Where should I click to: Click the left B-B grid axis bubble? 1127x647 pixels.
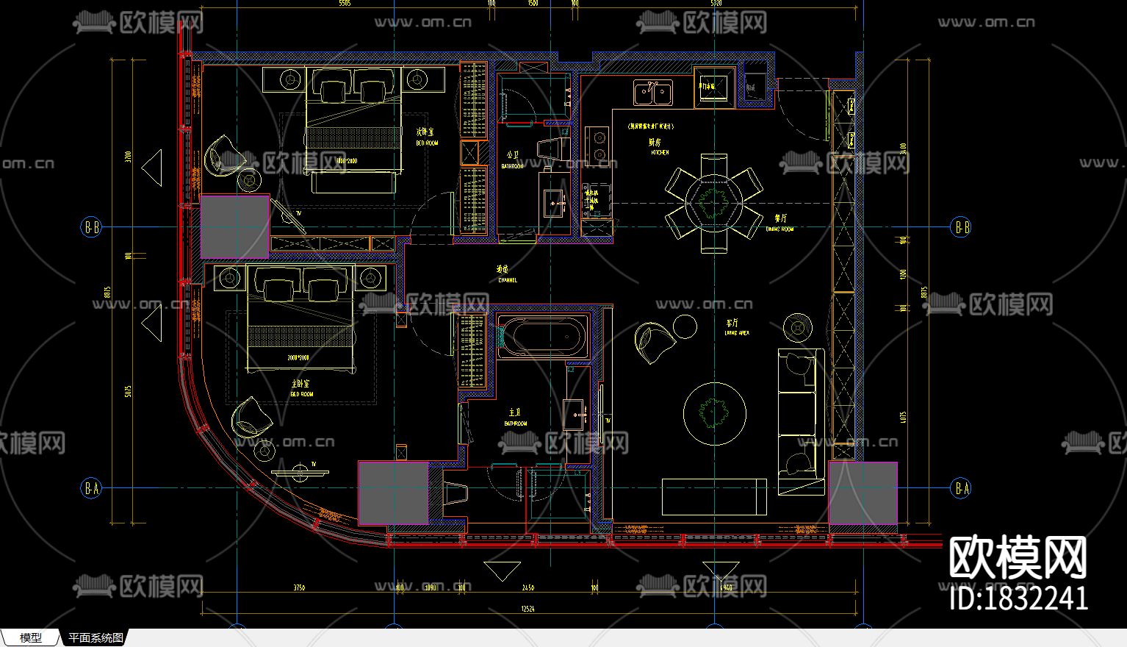tap(91, 227)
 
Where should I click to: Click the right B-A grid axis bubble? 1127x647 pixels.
tap(961, 487)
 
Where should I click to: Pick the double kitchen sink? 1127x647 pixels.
tap(652, 93)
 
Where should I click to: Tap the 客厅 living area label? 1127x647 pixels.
tap(732, 323)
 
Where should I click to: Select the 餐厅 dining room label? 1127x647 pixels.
tap(780, 218)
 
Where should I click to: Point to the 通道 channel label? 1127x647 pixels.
tap(503, 270)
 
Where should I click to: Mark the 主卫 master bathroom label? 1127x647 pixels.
tap(515, 413)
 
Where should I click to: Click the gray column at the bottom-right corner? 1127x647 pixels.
tap(863, 493)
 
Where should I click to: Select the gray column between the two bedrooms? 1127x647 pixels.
tap(234, 226)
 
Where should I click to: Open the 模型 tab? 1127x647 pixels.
tap(31, 637)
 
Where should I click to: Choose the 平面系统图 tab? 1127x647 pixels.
tap(96, 637)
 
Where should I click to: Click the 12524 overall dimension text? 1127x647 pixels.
tap(528, 609)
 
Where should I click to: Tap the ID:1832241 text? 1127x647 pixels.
tap(1018, 598)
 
